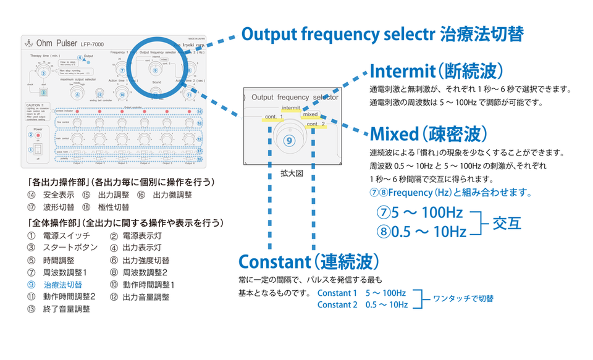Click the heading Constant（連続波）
[x=309, y=261]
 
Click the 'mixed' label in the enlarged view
[x=310, y=114]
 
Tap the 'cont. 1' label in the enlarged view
[x=273, y=117]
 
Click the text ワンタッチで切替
[x=463, y=298]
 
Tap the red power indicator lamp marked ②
[x=38, y=135]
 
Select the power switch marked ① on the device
[x=38, y=149]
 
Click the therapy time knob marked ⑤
[x=43, y=72]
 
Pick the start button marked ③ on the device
[x=43, y=92]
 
